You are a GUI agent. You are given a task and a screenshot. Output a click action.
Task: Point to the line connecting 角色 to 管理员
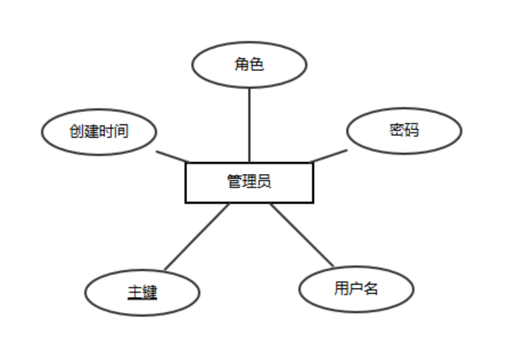(x=249, y=125)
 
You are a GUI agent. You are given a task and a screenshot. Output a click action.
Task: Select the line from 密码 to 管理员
(x=328, y=155)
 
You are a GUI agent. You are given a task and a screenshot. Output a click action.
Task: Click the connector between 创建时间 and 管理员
(x=172, y=156)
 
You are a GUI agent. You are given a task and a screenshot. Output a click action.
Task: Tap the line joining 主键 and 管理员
(x=196, y=236)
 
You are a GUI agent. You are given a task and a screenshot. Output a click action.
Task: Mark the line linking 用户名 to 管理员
(x=301, y=234)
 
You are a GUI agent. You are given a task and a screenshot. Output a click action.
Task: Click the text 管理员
(x=249, y=181)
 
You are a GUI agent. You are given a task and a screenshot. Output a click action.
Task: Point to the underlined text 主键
(x=142, y=292)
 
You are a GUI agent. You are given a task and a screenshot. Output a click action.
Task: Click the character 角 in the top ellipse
(x=241, y=64)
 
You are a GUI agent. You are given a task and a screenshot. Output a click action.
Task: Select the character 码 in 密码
(x=411, y=130)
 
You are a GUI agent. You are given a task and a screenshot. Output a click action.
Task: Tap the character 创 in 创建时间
(x=76, y=131)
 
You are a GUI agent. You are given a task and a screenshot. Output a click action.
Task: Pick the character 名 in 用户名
(x=370, y=288)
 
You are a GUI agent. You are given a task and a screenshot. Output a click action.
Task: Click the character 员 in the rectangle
(x=264, y=181)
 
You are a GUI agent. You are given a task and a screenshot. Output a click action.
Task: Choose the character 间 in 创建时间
(x=121, y=131)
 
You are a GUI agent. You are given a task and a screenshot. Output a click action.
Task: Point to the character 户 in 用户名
(x=356, y=288)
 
